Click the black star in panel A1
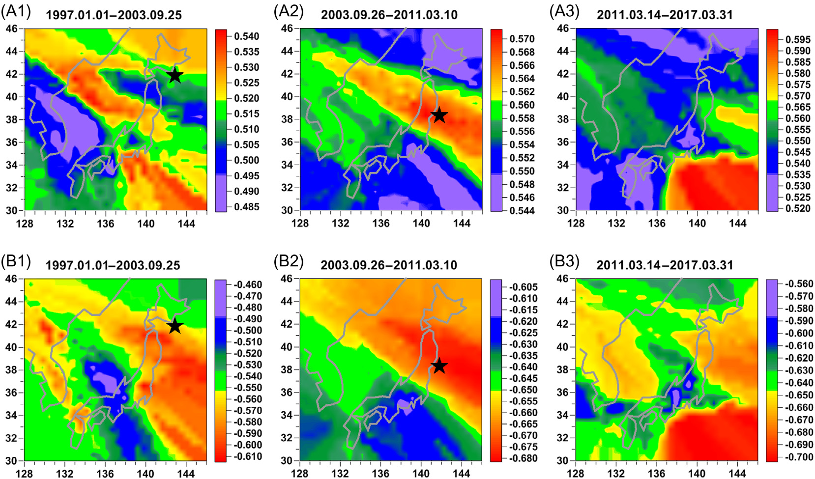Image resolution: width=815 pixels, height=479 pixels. [175, 76]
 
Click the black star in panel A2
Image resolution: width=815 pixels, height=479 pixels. [439, 115]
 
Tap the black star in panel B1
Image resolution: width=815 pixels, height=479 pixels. [175, 326]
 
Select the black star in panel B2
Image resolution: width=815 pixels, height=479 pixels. [439, 366]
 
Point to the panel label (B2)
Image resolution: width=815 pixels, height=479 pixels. [288, 261]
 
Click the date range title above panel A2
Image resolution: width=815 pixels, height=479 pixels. [389, 15]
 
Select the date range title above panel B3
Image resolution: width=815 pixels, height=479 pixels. [665, 265]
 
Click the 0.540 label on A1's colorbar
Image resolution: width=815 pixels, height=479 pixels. [247, 36]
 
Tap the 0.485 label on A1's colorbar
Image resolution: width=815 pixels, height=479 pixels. [247, 207]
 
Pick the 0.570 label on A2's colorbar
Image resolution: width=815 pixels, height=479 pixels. [522, 39]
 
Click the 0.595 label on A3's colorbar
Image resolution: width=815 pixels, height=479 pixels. [798, 39]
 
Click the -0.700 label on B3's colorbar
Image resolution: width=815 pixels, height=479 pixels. [798, 457]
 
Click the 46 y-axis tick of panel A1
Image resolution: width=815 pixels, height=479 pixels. [11, 28]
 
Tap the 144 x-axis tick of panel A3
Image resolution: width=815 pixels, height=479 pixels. [737, 224]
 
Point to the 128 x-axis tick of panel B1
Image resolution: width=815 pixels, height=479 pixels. [25, 474]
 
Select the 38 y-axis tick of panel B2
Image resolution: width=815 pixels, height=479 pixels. [287, 369]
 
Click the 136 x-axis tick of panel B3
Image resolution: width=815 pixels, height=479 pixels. [657, 474]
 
